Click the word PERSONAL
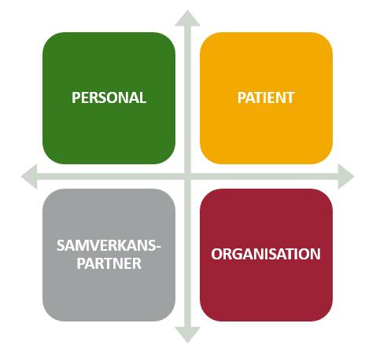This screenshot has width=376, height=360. [109, 97]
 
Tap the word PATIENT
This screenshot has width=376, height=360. [266, 97]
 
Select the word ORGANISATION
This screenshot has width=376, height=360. [266, 254]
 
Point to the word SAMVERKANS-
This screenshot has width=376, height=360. [109, 245]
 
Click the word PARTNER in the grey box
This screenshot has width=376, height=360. [109, 263]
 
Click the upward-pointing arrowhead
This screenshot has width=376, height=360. [187, 18]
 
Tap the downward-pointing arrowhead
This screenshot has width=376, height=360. [187, 335]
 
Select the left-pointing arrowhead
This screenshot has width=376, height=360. [29, 176]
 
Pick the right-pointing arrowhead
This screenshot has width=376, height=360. [346, 176]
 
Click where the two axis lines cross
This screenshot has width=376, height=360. [187, 176]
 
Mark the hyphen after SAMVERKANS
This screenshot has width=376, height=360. [158, 247]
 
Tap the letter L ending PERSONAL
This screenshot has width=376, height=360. [142, 97]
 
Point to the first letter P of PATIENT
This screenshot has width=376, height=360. [241, 97]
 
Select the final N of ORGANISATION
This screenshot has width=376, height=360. [315, 254]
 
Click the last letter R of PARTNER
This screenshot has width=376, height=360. [137, 263]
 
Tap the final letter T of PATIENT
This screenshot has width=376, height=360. [290, 97]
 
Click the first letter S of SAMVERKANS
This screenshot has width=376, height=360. [61, 245]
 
